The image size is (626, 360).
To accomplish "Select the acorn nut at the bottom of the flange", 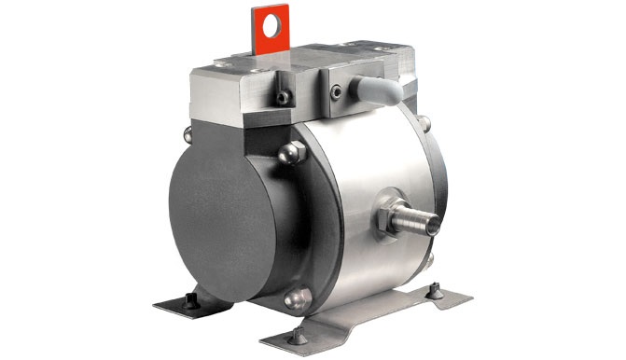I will (x=296, y=301).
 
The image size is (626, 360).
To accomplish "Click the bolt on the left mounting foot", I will (x=190, y=299).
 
